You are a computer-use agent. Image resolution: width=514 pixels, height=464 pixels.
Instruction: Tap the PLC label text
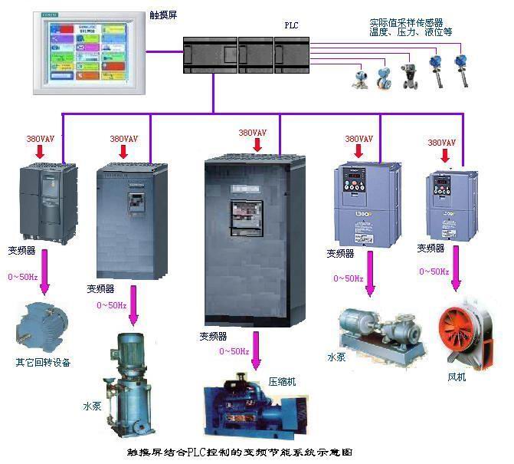click(291, 26)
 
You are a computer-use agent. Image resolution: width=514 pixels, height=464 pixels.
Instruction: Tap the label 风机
click(457, 377)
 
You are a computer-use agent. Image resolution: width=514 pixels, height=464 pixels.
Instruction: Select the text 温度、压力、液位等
click(411, 33)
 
